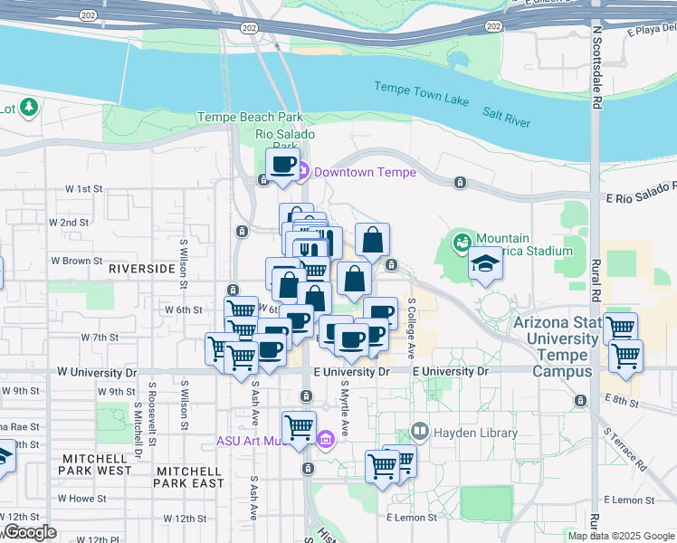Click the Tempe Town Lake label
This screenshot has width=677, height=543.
[x=422, y=91]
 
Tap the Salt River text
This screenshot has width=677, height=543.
[x=506, y=116]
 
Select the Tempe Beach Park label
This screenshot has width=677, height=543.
[x=250, y=118]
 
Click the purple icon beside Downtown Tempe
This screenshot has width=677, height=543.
[x=303, y=171]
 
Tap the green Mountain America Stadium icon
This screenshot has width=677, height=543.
[x=462, y=243]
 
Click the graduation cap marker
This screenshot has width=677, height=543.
[x=485, y=263]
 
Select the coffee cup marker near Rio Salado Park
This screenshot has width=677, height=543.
[x=282, y=166]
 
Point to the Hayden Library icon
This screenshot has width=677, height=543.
[x=419, y=433]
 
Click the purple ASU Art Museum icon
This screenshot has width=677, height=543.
[x=326, y=441]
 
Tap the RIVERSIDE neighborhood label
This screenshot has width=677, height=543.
[x=140, y=269]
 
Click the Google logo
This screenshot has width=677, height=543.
[x=29, y=532]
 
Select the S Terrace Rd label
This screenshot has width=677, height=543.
[x=625, y=450]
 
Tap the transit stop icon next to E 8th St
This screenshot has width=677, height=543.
[x=580, y=400]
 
